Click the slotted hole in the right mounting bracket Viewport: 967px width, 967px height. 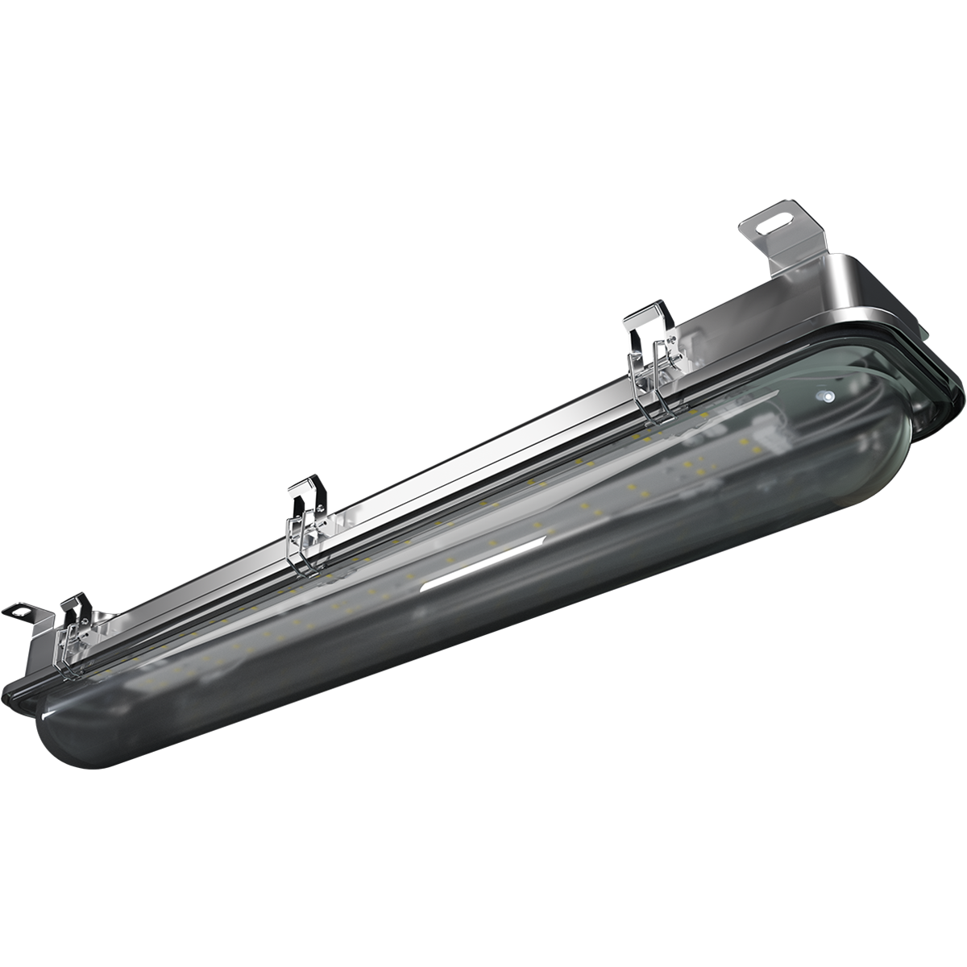tap(781, 218)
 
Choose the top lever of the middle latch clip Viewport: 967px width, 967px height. tap(301, 487)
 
